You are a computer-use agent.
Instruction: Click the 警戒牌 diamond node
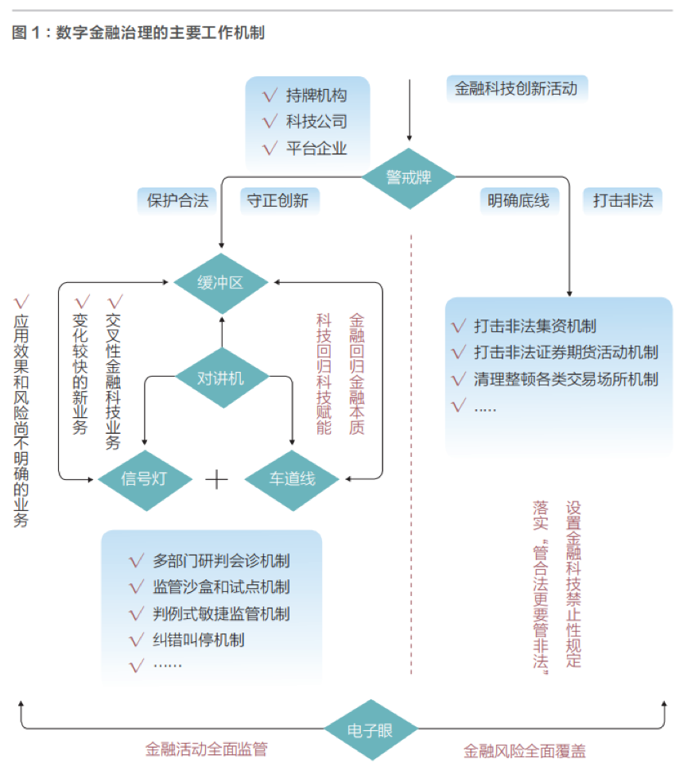point(409,178)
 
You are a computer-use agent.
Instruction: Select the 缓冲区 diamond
point(220,282)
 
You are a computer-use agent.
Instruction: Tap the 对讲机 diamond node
point(220,378)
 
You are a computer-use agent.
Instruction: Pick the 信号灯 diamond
point(145,478)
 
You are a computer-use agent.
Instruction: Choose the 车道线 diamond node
point(291,478)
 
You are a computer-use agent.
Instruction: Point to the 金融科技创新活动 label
point(516,89)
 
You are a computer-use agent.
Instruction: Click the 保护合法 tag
point(177,201)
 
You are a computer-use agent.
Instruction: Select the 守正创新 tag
point(278,201)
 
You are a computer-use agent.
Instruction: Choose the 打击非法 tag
point(623,201)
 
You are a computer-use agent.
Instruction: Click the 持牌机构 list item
point(316,96)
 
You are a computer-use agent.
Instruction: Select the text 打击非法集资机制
point(534,326)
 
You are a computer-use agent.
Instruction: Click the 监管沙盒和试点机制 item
point(221,587)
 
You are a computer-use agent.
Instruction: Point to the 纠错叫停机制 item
point(198,640)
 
